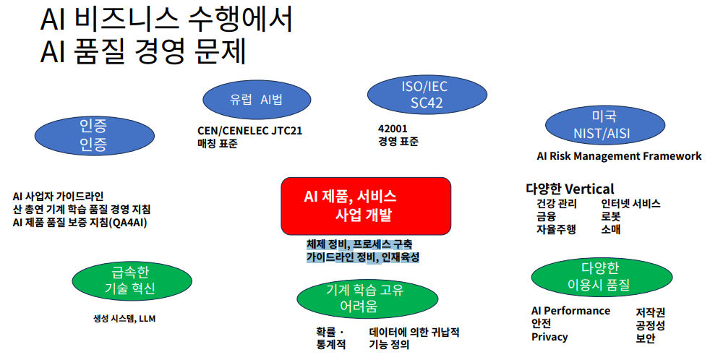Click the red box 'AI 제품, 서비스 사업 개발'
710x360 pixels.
365,205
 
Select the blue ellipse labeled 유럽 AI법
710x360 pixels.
256,100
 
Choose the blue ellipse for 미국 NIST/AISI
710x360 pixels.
603,125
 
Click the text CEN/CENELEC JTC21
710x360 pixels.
249,131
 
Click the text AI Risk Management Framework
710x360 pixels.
619,155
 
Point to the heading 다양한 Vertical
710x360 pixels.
570,189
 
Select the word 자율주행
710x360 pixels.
556,230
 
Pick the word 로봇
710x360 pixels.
611,217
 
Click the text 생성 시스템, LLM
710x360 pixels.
124,318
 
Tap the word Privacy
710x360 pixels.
549,337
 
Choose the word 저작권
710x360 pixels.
650,312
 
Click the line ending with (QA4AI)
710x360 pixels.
80,222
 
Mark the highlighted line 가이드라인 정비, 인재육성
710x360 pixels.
362,257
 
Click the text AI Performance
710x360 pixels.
570,311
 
